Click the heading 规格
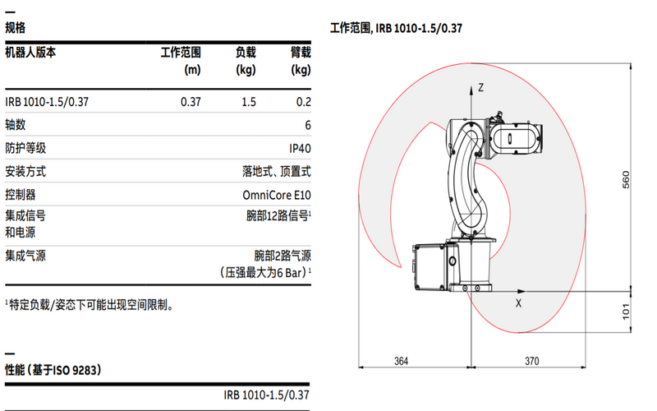pyautogui.click(x=15, y=28)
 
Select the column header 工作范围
pyautogui.click(x=181, y=53)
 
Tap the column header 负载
pyautogui.click(x=246, y=53)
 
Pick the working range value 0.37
pyautogui.click(x=191, y=102)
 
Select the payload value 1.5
pyautogui.click(x=248, y=102)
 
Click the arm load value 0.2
pyautogui.click(x=303, y=102)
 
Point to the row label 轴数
pyautogui.click(x=16, y=125)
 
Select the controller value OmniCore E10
pyautogui.click(x=277, y=196)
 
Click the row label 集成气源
pyautogui.click(x=25, y=256)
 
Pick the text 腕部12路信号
pyautogui.click(x=277, y=216)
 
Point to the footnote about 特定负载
pyautogui.click(x=92, y=305)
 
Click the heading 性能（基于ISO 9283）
pyautogui.click(x=53, y=370)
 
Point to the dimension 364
pyautogui.click(x=401, y=361)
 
